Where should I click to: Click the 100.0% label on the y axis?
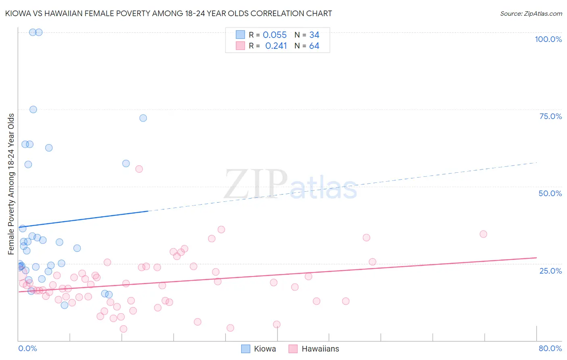(x=548, y=39)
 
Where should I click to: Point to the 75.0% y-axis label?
(x=550, y=116)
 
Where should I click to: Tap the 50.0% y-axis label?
(x=550, y=193)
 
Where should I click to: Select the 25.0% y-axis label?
(x=550, y=270)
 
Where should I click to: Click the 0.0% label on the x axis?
(x=27, y=348)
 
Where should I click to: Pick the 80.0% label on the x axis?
(x=550, y=348)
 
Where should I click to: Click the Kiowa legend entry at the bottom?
(x=265, y=349)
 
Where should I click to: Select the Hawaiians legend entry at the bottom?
(x=320, y=349)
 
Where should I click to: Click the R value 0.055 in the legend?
(x=275, y=35)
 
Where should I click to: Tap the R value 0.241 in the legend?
(x=276, y=46)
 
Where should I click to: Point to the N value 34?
(x=314, y=35)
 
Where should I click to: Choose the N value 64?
(x=314, y=46)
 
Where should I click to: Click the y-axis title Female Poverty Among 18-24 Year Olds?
(x=11, y=184)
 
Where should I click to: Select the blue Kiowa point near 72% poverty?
(x=143, y=118)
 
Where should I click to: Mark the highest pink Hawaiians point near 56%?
(x=139, y=169)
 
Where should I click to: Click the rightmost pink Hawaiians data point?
(x=483, y=234)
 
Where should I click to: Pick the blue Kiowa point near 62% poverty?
(x=49, y=148)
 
